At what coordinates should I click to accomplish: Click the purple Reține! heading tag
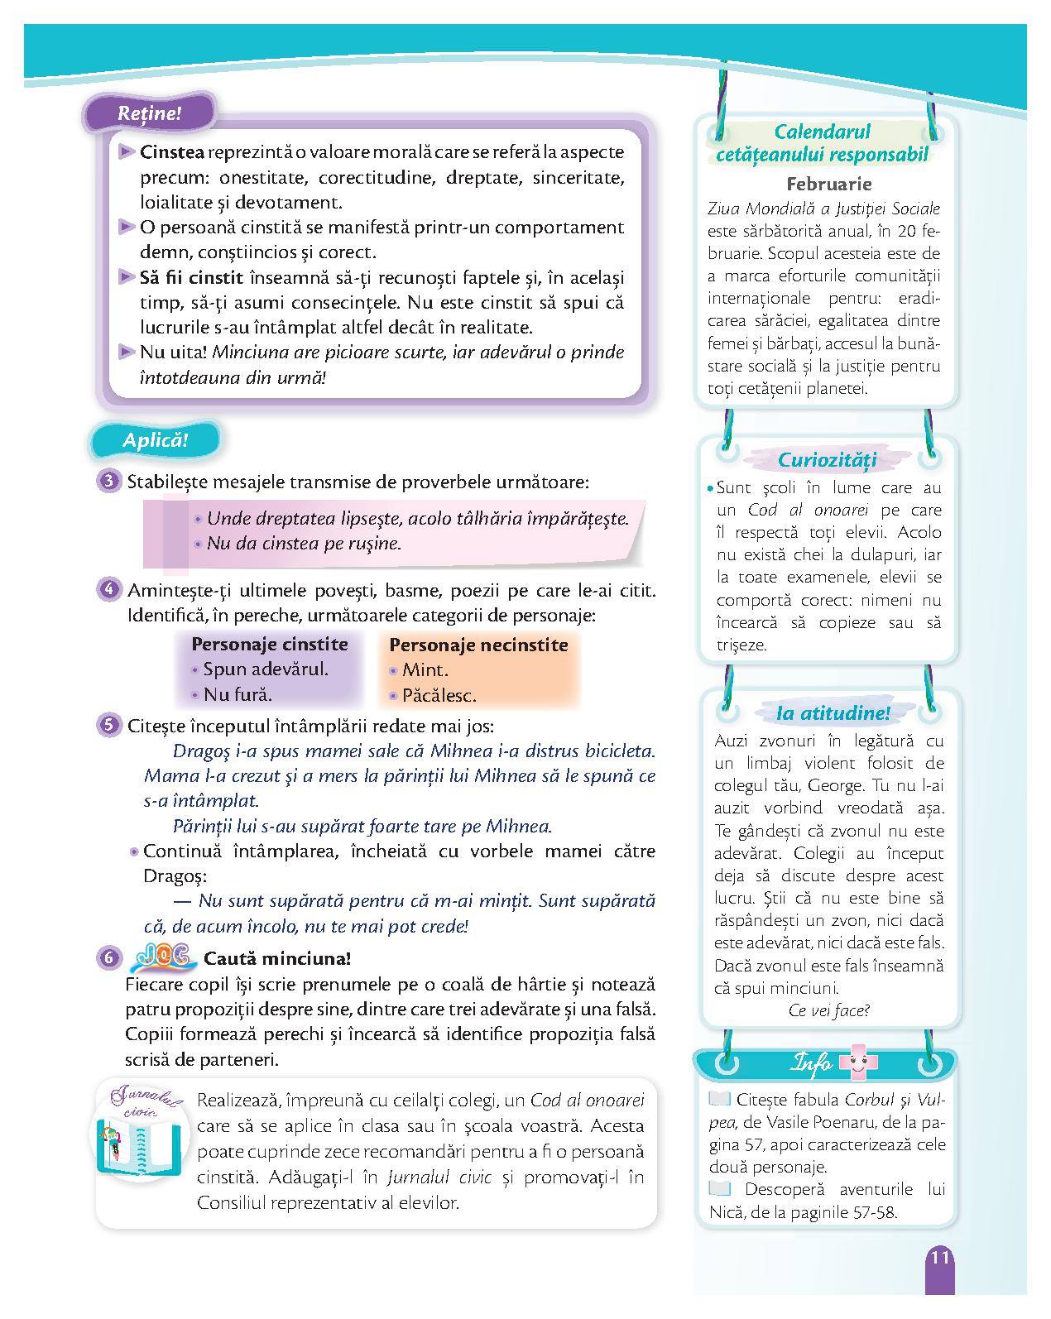(149, 114)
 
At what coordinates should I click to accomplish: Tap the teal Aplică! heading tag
(155, 440)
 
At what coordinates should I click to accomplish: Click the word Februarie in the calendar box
(828, 184)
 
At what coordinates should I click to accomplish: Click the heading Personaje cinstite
(270, 644)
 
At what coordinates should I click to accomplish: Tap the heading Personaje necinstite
(478, 645)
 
